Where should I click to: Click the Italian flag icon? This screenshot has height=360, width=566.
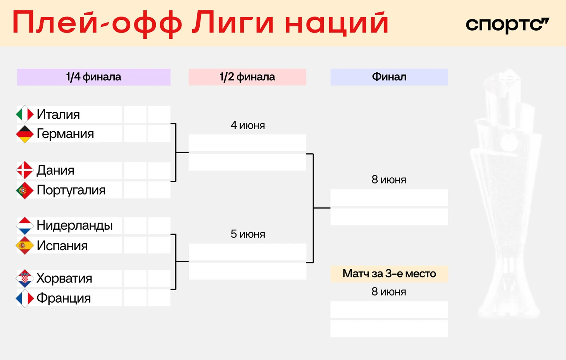pyautogui.click(x=25, y=114)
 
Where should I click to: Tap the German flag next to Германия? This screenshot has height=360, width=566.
pyautogui.click(x=25, y=134)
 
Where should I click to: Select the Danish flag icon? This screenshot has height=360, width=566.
pyautogui.click(x=25, y=170)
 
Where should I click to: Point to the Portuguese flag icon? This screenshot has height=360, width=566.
pyautogui.click(x=25, y=190)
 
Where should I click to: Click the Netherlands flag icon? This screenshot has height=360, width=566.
pyautogui.click(x=25, y=225)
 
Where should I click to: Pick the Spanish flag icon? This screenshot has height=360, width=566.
pyautogui.click(x=25, y=246)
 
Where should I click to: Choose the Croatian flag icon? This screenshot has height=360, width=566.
pyautogui.click(x=25, y=279)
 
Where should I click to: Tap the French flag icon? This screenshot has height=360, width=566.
pyautogui.click(x=25, y=298)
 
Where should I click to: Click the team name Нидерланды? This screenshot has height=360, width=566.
pyautogui.click(x=74, y=225)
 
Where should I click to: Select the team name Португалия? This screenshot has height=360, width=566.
pyautogui.click(x=71, y=190)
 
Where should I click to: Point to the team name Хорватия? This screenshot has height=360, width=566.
pyautogui.click(x=64, y=279)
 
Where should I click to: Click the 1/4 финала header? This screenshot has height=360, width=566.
pyautogui.click(x=94, y=77)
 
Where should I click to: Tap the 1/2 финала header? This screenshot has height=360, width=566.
pyautogui.click(x=247, y=77)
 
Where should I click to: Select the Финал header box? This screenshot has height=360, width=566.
pyautogui.click(x=389, y=77)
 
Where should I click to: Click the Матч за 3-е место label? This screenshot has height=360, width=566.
pyautogui.click(x=389, y=273)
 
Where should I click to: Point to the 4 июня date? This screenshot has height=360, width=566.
pyautogui.click(x=248, y=125)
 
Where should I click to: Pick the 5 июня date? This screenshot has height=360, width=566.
pyautogui.click(x=248, y=234)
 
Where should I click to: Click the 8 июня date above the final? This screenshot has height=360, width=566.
pyautogui.click(x=389, y=180)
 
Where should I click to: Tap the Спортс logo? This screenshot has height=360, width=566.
pyautogui.click(x=507, y=25)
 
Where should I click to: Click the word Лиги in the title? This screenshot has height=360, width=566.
pyautogui.click(x=233, y=23)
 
